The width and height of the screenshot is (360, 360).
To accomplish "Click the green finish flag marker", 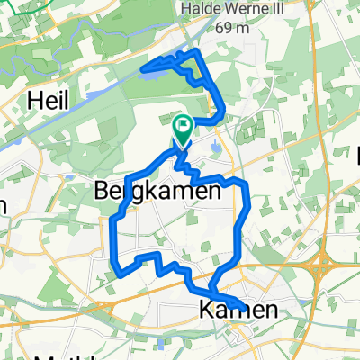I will click(x=183, y=129).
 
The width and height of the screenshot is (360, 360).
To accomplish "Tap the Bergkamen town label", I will click(x=158, y=191).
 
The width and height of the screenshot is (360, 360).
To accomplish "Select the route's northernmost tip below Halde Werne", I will click(x=188, y=52).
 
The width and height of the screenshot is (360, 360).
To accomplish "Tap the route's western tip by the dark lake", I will click(x=146, y=64).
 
